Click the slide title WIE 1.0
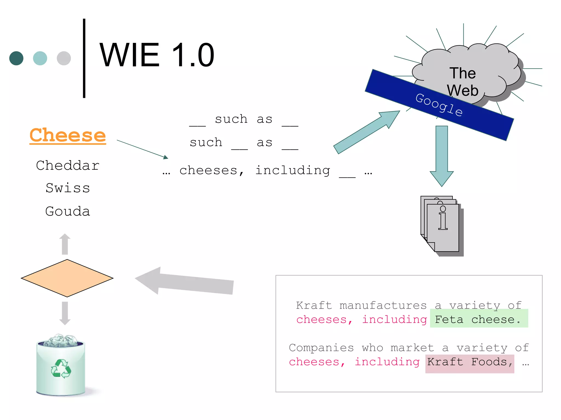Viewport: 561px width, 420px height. tap(157, 55)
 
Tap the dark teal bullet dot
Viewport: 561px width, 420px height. tap(16, 58)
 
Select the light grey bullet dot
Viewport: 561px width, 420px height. tap(64, 58)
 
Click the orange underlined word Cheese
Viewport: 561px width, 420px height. tap(68, 135)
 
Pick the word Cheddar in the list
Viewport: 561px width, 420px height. tap(68, 165)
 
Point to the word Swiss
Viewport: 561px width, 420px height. tap(68, 188)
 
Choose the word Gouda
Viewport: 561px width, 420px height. tap(68, 211)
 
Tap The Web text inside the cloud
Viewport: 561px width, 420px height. tap(463, 81)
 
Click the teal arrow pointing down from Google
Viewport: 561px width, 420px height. tap(442, 156)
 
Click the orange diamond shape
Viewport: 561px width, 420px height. tap(67, 278)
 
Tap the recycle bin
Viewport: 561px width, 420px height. tap(61, 365)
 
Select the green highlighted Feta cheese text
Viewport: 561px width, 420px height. tap(478, 319)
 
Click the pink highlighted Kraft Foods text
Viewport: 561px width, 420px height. tap(470, 363)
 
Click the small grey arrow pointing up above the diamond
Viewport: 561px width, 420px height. tap(65, 244)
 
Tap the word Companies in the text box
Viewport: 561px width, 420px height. tap(321, 348)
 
